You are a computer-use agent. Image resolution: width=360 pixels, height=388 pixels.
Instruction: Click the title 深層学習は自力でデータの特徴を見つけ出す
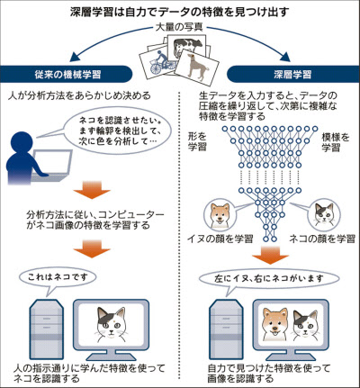point(180,12)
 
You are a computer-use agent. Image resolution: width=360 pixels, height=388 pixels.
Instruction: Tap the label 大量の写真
point(179,27)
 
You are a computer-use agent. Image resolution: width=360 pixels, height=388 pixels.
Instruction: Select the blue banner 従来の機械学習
point(66,74)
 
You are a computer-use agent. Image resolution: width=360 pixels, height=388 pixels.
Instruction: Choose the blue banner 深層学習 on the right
point(293,74)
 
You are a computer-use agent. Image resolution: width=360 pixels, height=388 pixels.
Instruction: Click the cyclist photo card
point(159,61)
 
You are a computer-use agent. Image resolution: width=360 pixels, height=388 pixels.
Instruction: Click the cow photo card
point(186,44)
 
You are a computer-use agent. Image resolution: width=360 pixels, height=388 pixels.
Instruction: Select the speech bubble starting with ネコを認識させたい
point(118,131)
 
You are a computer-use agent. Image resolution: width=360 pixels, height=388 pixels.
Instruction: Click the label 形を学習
point(197,141)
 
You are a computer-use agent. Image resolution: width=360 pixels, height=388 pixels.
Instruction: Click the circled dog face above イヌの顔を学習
point(219,215)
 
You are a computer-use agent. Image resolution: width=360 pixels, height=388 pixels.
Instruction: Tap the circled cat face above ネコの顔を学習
point(325,213)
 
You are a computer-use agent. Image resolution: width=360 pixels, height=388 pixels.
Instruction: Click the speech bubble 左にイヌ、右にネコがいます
point(269,279)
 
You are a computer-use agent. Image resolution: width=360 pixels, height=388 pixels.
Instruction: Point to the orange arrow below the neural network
point(270,255)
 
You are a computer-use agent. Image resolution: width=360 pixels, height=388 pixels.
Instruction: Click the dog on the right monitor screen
point(274,324)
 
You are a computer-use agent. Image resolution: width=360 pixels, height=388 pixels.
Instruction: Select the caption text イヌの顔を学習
point(220,239)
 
